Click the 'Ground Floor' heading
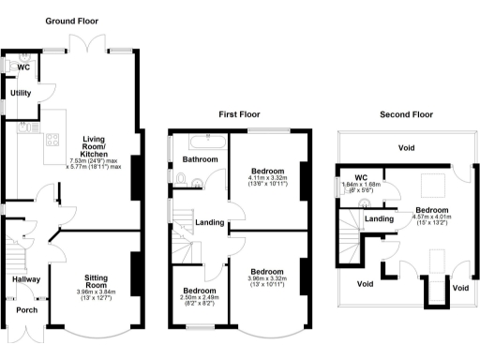coord(71,21)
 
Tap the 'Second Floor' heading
coord(406,114)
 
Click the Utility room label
coord(21,94)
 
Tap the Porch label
coord(21,312)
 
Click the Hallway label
coord(25,279)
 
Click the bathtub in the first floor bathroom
coord(201,143)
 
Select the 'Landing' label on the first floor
coord(208,221)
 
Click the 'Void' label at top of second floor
coord(406,148)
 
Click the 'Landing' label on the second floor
coord(379,218)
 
